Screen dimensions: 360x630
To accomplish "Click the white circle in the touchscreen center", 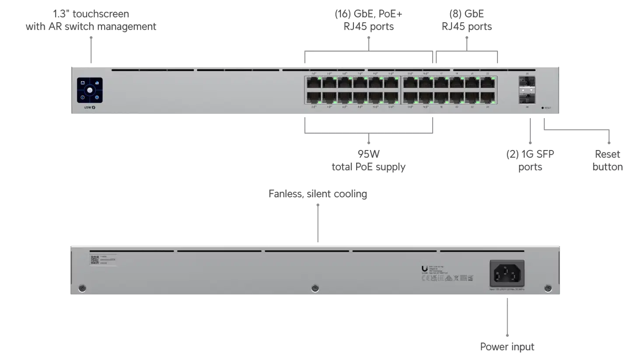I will coord(90,90).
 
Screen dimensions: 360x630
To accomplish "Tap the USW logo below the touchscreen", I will coord(90,108).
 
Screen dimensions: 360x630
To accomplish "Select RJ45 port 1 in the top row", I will coord(313,83).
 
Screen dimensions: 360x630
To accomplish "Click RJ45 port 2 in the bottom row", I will coord(313,98).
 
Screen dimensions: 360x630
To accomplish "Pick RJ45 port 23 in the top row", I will coord(488,83).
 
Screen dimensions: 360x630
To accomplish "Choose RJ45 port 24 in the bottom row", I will coord(488,98).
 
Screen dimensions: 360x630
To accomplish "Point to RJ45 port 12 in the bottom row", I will coord(391,98).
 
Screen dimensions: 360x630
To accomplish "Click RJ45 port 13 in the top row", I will coord(410,83).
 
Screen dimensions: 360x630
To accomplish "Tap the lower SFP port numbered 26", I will coord(527,97).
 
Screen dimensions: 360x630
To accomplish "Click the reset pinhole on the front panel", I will coord(543,108).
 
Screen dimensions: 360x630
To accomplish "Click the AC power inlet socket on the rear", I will coord(507,274).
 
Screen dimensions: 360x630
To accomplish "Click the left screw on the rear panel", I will coord(82,288).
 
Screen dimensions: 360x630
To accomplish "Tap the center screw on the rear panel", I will coord(315,288).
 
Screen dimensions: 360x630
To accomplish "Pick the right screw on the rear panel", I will coord(547,288).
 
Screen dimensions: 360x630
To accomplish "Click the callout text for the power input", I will coord(507,347).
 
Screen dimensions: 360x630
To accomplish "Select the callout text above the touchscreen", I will coord(91,20).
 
